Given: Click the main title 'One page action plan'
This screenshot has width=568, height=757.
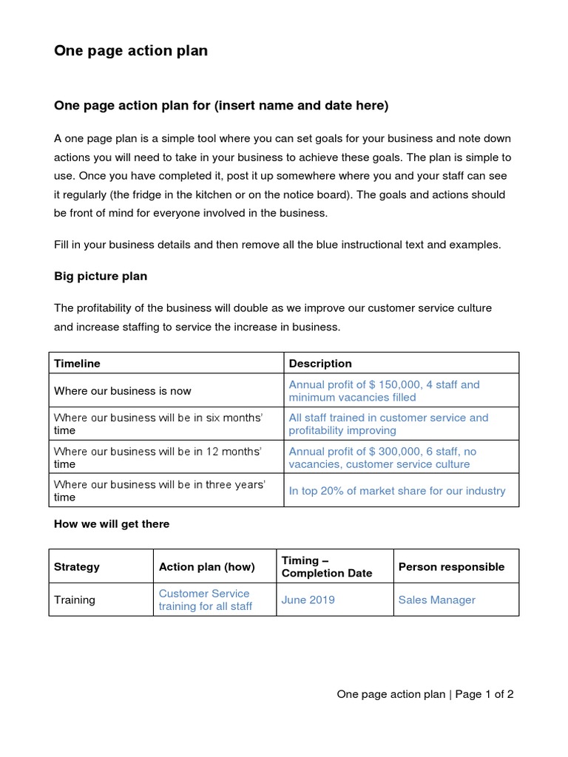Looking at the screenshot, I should click(x=131, y=51).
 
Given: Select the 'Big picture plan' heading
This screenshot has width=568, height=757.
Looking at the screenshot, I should click(x=101, y=276).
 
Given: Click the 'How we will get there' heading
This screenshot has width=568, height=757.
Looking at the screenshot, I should click(x=112, y=523).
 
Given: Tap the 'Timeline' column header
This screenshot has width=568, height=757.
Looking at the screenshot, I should click(x=77, y=363).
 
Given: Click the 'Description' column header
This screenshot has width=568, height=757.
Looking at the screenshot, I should click(x=320, y=363).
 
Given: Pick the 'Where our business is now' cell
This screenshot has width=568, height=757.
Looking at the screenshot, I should click(x=123, y=390).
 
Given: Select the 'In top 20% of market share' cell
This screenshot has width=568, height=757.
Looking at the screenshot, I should click(x=397, y=491).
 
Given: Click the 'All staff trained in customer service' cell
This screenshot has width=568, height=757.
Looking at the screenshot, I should click(x=388, y=424).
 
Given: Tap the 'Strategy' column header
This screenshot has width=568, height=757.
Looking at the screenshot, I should click(x=77, y=566).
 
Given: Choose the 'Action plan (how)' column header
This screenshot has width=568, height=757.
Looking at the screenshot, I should click(x=206, y=566).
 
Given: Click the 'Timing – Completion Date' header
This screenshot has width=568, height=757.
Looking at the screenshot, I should click(x=327, y=566).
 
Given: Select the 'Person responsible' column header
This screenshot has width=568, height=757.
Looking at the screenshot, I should click(x=451, y=566).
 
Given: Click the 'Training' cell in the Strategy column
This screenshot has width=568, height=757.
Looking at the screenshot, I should click(x=75, y=600).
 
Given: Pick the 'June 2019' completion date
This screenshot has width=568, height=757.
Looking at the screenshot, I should click(x=308, y=600).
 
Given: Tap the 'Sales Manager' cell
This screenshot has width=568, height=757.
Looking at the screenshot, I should click(x=436, y=600).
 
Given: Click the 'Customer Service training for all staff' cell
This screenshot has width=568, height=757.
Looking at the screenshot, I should click(x=205, y=600).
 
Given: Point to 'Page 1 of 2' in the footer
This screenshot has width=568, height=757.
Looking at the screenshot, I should click(x=484, y=694).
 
